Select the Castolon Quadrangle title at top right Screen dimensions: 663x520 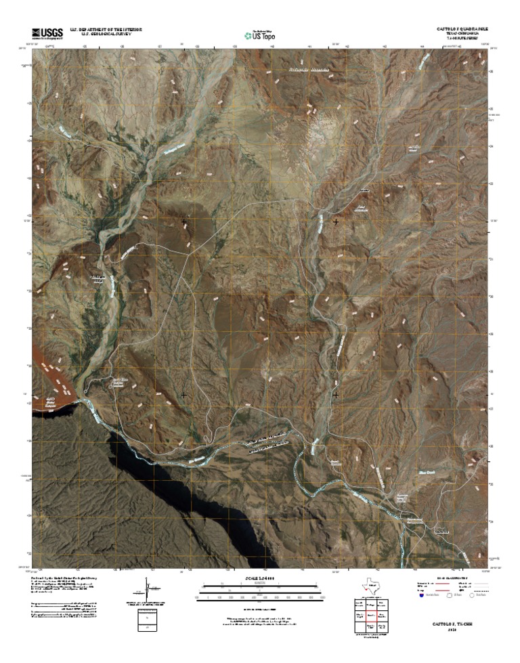(x=462, y=29)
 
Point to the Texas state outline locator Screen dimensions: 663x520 (x=370, y=586)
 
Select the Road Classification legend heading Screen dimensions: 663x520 (x=452, y=578)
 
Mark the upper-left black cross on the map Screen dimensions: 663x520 (x=184, y=221)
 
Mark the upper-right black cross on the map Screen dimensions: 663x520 (x=336, y=221)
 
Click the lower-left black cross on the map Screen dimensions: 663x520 (x=184, y=394)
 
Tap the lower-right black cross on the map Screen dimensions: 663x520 (x=336, y=394)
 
